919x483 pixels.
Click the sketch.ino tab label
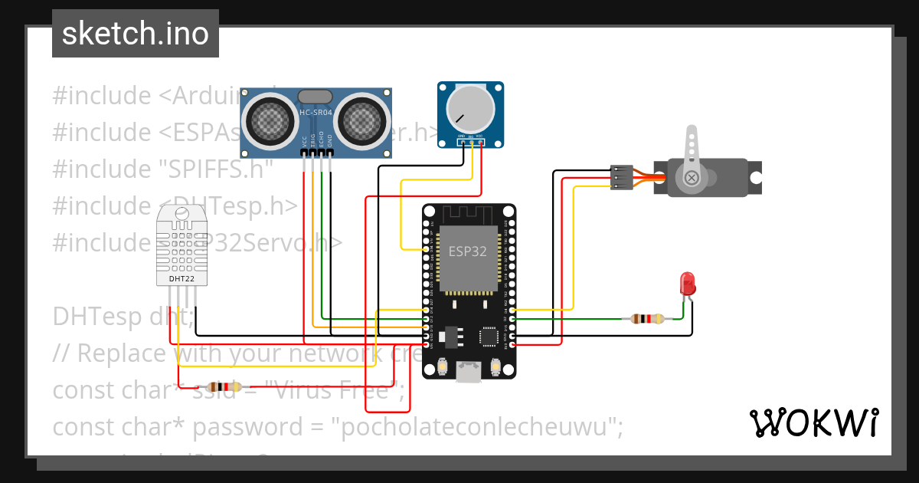135,34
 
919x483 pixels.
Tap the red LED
688,284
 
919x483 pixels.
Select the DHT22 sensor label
182,279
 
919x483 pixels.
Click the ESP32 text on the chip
467,251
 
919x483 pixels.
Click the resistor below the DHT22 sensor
224,387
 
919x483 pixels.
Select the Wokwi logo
813,422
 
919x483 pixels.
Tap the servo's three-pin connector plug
620,177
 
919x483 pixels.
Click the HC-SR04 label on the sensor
315,113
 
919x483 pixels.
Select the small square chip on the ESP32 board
488,336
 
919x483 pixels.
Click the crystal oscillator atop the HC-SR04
315,96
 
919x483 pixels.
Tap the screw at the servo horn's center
692,178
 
